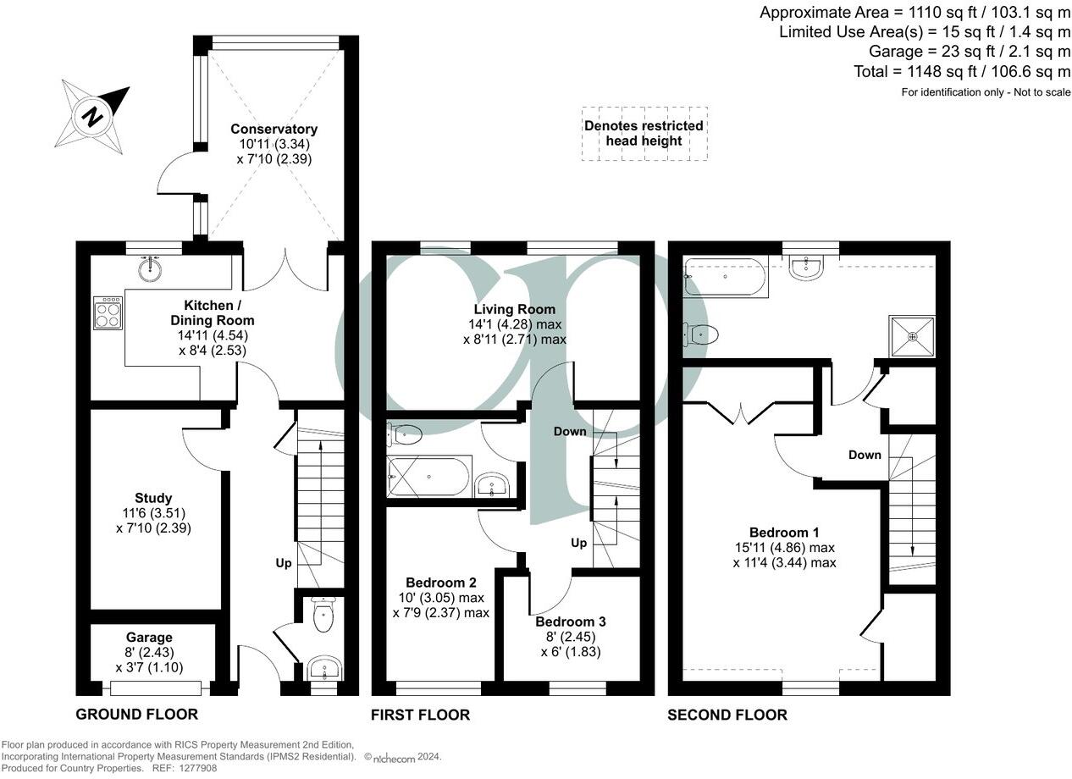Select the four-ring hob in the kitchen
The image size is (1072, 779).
(x=108, y=312)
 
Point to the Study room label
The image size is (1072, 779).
(x=153, y=498)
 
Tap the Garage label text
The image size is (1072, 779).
(x=150, y=638)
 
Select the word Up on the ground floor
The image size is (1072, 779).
(x=284, y=562)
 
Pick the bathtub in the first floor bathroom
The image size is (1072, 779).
(x=428, y=478)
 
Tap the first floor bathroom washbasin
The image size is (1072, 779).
(x=491, y=485)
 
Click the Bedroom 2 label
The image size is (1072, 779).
(x=440, y=583)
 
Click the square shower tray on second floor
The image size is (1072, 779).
(x=912, y=336)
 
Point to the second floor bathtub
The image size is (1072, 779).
(x=726, y=276)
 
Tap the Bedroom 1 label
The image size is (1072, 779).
(x=784, y=533)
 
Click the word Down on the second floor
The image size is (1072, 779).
(x=865, y=455)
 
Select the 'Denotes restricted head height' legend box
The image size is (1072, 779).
(x=644, y=134)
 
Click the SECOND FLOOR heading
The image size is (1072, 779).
(x=727, y=715)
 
